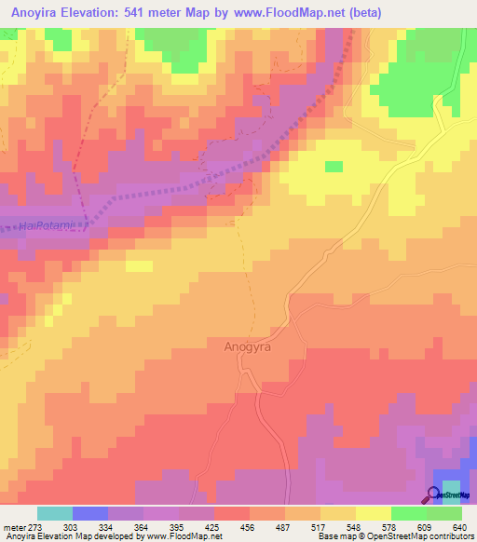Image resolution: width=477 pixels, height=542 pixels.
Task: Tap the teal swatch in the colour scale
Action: (x=55, y=513)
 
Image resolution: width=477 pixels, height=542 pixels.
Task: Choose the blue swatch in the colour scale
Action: (x=90, y=513)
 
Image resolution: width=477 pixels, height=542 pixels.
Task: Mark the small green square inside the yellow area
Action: (x=334, y=167)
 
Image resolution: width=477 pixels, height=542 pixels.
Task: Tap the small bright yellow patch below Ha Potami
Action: (x=139, y=266)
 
